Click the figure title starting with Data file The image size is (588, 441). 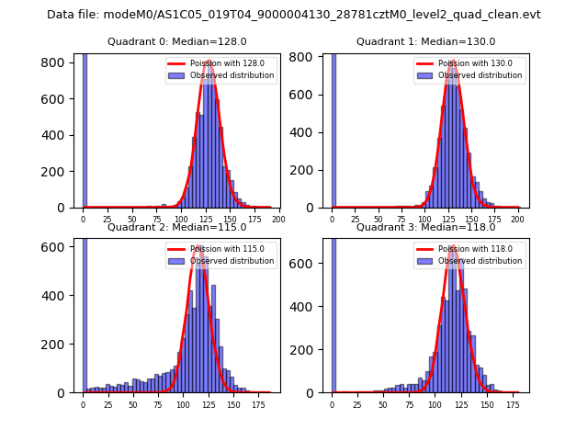point(294,15)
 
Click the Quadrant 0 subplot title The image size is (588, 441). point(176,41)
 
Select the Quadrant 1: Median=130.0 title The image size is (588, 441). point(425,41)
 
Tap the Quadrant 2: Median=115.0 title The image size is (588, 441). point(176,227)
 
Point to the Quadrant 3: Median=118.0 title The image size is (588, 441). point(425,227)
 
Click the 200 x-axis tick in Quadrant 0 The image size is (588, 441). point(278,219)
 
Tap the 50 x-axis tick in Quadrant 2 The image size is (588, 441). point(133,403)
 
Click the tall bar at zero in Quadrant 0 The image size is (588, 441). point(85,129)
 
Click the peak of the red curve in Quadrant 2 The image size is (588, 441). point(198,246)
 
